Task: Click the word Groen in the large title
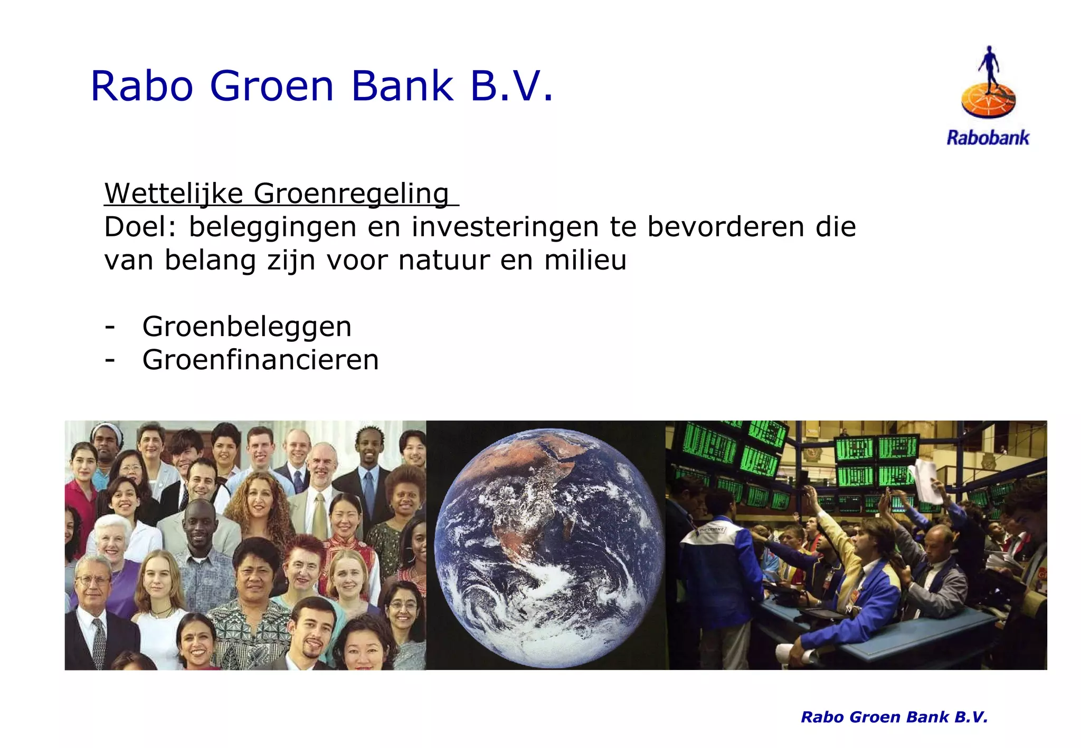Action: click(272, 86)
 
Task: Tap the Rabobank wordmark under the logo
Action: click(988, 138)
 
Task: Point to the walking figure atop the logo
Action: click(989, 66)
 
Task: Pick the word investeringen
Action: click(505, 227)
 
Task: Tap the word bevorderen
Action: click(726, 227)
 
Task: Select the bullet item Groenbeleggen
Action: click(246, 327)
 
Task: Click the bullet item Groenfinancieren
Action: click(260, 360)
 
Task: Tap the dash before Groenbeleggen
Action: click(110, 327)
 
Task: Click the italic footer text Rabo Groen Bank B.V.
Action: click(894, 717)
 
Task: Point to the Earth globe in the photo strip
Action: click(549, 546)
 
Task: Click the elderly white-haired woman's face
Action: click(112, 538)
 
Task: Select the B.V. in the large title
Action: click(511, 86)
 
